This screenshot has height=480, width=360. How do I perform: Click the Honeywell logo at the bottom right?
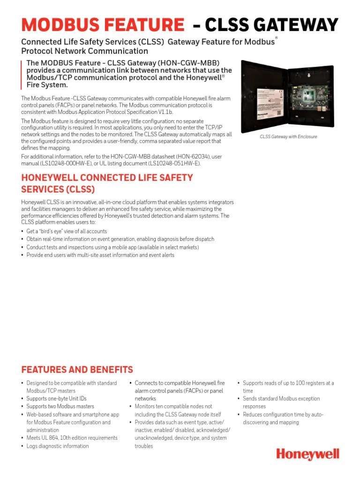pyautogui.click(x=307, y=454)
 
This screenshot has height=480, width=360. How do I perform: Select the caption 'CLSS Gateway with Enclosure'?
pyautogui.click(x=289, y=137)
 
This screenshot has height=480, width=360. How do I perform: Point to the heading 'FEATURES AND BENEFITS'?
pyautogui.click(x=77, y=370)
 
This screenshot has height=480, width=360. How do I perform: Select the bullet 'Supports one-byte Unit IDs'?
pyautogui.click(x=57, y=399)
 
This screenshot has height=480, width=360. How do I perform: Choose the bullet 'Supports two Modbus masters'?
pyautogui.click(x=60, y=406)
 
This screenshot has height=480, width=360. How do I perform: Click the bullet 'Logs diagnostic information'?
pyautogui.click(x=57, y=446)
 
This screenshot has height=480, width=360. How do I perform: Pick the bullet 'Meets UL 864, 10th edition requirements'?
pyautogui.click(x=72, y=438)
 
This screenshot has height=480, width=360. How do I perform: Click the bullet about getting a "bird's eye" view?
pyautogui.click(x=67, y=232)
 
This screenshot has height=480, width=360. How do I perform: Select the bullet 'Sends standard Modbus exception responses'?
pyautogui.click(x=281, y=403)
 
